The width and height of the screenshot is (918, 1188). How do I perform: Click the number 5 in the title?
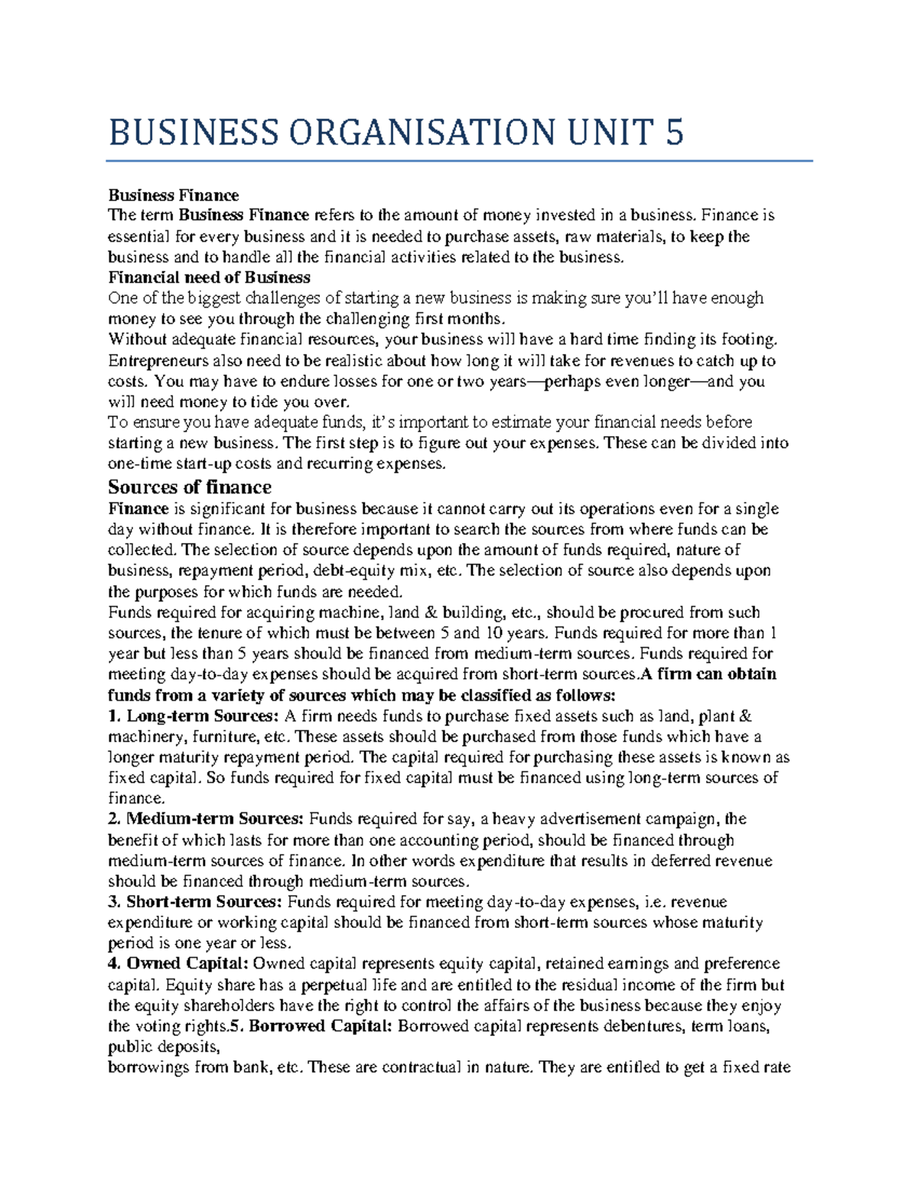674,132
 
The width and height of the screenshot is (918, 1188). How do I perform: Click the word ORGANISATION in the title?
420,132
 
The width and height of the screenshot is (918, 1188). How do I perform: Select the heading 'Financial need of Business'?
209,277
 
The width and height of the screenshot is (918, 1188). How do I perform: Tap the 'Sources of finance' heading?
190,487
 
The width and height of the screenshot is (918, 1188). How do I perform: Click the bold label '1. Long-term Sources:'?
194,716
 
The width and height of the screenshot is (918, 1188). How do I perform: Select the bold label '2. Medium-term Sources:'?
206,819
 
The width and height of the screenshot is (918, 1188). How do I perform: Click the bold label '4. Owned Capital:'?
177,964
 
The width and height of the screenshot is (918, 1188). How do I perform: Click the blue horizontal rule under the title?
459,161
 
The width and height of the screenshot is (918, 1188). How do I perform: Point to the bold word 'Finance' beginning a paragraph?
138,509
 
